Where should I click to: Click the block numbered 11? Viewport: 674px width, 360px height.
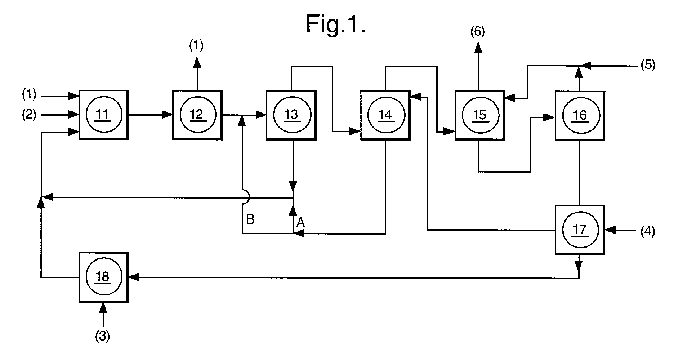tap(104, 115)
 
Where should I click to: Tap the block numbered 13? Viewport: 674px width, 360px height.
tap(291, 115)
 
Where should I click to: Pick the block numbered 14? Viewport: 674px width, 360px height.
tap(385, 115)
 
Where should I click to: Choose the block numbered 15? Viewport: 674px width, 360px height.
tap(479, 115)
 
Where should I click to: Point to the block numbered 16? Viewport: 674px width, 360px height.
tap(580, 115)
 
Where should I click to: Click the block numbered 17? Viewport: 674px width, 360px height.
tap(580, 230)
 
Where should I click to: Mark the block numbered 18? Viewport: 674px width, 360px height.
tap(104, 277)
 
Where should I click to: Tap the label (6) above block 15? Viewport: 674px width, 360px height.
tap(478, 33)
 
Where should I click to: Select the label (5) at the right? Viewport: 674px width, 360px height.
tap(647, 66)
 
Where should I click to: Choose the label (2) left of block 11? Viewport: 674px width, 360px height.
tap(29, 115)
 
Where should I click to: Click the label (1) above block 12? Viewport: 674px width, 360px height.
tap(196, 45)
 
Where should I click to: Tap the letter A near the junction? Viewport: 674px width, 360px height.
tap(300, 223)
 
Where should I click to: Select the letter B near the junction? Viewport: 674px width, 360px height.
tap(250, 219)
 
